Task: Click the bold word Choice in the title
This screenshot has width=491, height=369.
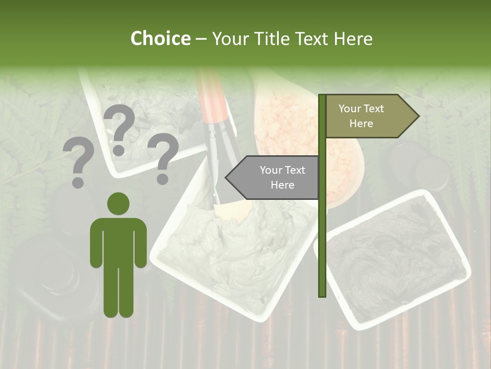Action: [x=160, y=38]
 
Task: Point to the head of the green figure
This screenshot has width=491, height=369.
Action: [x=119, y=204]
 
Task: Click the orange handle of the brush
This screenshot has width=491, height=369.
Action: [x=212, y=97]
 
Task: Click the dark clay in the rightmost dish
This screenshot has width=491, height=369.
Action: [x=394, y=256]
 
